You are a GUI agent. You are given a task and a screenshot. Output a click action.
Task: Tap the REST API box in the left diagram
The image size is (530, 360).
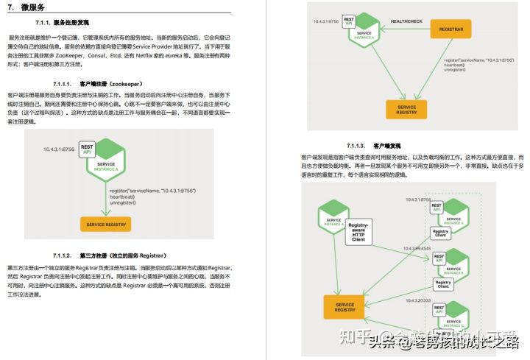click(x=86, y=148)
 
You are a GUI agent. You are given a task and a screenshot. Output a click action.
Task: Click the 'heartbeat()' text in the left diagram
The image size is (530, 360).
click(x=122, y=197)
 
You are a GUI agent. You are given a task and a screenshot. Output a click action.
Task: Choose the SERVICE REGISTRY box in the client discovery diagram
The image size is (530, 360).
click(x=344, y=307)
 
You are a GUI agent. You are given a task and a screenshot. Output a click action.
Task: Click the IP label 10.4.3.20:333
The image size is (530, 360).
click(x=418, y=300)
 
